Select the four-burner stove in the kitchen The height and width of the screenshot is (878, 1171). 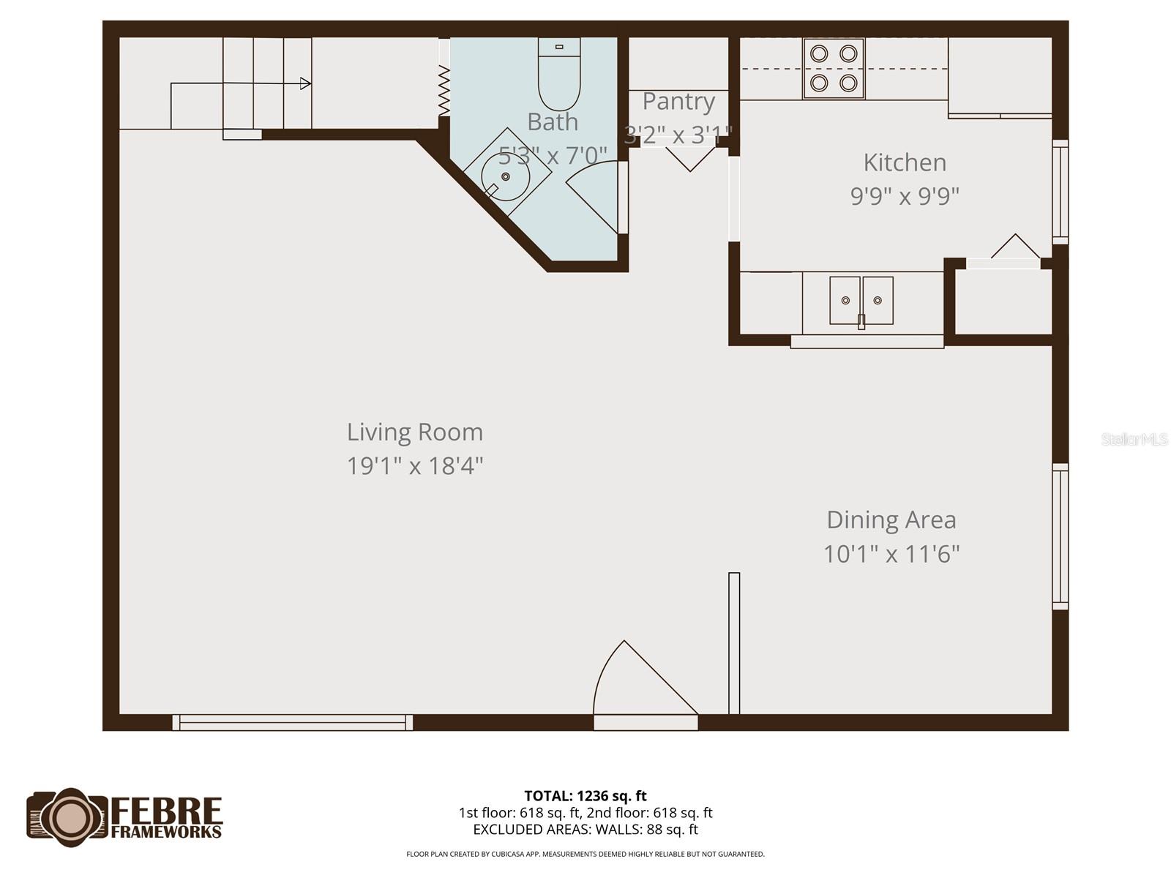pyautogui.click(x=834, y=68)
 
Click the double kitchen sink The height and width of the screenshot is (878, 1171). pyautogui.click(x=861, y=301)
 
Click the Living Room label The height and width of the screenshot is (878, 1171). pyautogui.click(x=415, y=432)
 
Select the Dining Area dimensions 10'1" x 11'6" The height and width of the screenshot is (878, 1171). pyautogui.click(x=891, y=554)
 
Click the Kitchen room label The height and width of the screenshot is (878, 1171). pyautogui.click(x=905, y=162)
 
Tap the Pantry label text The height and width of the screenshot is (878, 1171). pyautogui.click(x=678, y=102)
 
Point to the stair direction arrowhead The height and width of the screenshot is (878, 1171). pyautogui.click(x=306, y=83)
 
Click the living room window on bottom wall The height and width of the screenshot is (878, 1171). pyautogui.click(x=293, y=722)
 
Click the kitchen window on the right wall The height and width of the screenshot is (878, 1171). pyautogui.click(x=1060, y=192)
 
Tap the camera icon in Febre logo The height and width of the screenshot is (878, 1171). pyautogui.click(x=70, y=817)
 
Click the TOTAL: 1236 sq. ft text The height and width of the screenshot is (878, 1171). pyautogui.click(x=585, y=795)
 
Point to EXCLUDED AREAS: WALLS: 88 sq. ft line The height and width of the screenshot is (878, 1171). pyautogui.click(x=585, y=830)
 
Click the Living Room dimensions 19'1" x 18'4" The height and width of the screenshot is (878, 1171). pyautogui.click(x=415, y=466)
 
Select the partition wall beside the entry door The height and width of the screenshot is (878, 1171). pyautogui.click(x=734, y=643)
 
